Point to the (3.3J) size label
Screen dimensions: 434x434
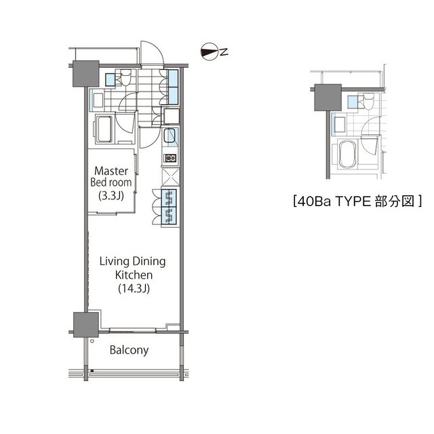coord(112,195)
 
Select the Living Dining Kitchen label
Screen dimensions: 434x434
coord(132,268)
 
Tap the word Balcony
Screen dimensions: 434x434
coord(129,351)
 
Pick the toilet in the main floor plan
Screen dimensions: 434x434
coord(124,79)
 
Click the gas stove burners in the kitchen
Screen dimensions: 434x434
coord(170,158)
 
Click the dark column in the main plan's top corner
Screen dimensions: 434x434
coord(87,73)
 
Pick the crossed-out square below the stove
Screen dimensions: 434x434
coord(170,176)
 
